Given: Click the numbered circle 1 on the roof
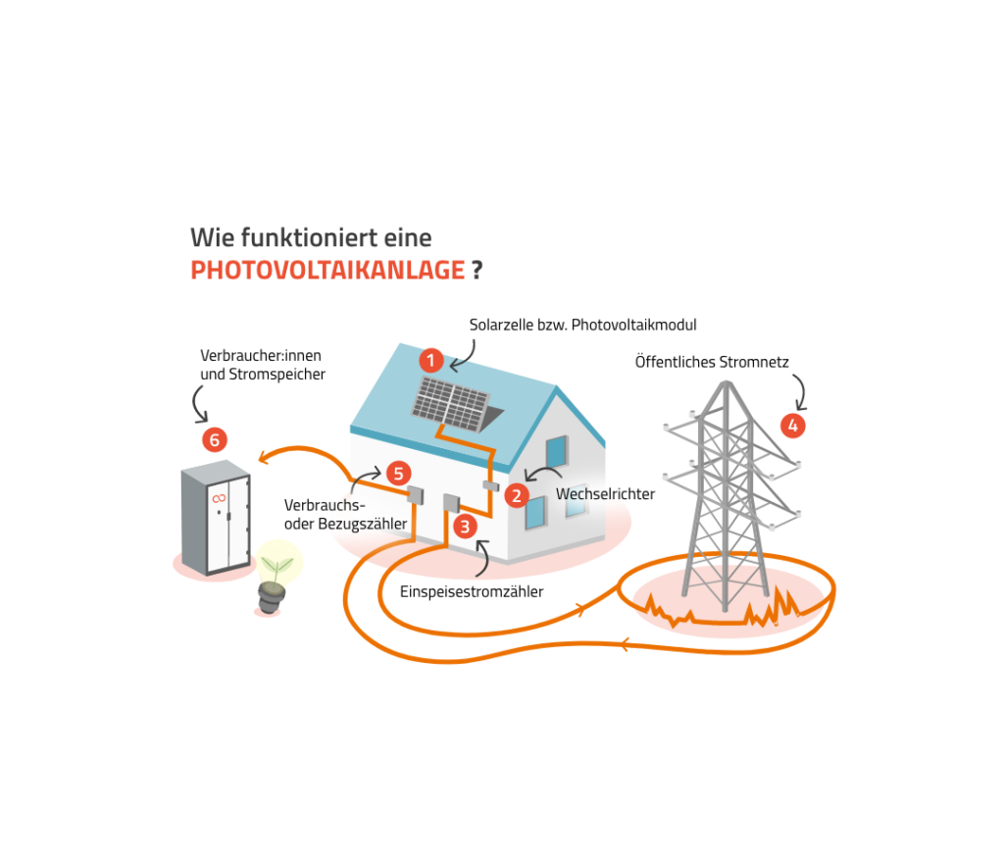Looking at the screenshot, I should [x=431, y=361].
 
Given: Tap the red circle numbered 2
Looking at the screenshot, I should [x=517, y=495].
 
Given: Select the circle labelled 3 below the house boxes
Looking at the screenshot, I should [x=466, y=527].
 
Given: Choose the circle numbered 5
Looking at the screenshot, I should [x=396, y=473].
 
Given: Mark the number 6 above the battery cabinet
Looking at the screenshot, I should [x=215, y=441].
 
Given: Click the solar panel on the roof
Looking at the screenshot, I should [x=451, y=401].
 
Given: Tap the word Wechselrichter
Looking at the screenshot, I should [x=605, y=494].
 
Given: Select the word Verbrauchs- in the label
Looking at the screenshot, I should [x=324, y=505].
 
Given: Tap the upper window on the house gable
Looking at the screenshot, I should [x=557, y=450].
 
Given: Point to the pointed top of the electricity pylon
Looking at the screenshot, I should [x=727, y=383].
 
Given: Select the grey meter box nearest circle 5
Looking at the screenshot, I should [x=415, y=493].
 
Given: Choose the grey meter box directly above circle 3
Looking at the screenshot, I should [x=451, y=503].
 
